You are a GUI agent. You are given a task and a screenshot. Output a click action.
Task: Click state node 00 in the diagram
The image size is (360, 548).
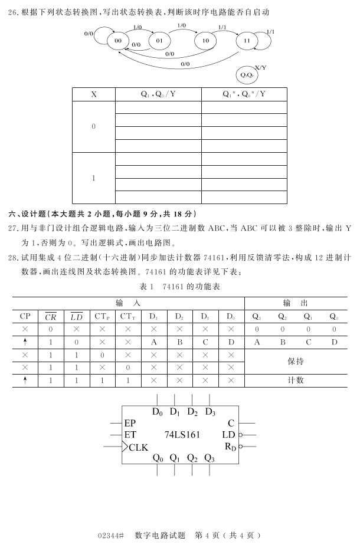click(x=118, y=40)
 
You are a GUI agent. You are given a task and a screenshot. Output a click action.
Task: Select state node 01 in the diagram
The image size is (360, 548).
click(x=159, y=41)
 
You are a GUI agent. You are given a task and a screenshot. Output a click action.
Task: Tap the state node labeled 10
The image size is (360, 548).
click(x=205, y=41)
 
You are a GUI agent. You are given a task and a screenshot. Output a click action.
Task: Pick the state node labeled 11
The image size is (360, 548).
click(x=247, y=41)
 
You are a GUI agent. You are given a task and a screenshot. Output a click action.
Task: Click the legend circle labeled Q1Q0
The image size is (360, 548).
click(x=247, y=76)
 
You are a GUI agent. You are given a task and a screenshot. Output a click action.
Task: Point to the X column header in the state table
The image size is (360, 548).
click(x=94, y=94)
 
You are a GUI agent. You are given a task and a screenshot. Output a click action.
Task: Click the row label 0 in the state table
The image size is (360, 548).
click(x=94, y=127)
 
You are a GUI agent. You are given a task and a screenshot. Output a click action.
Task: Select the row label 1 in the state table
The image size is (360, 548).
click(x=94, y=178)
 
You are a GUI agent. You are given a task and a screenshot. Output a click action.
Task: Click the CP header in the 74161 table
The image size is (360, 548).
click(x=25, y=316)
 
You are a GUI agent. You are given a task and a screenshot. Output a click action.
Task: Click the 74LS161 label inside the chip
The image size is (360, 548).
click(x=182, y=435)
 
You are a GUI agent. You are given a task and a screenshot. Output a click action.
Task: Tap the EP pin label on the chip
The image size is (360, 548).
click(x=130, y=423)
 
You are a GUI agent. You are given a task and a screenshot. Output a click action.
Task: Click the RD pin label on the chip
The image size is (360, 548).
click(x=230, y=447)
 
